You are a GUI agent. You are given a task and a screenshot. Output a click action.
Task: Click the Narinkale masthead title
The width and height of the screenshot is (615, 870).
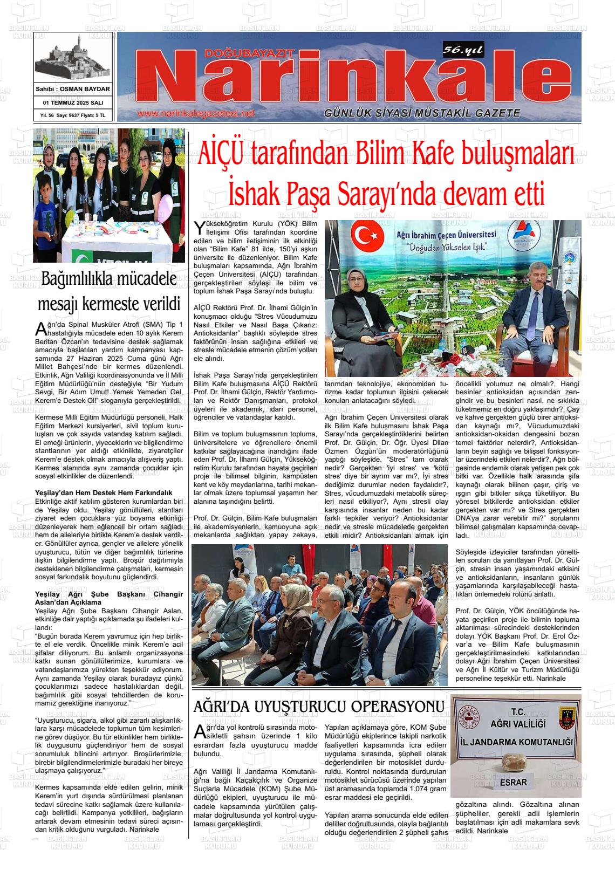(351, 78)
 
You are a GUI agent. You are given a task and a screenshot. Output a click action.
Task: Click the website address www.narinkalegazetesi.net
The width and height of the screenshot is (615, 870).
(195, 114)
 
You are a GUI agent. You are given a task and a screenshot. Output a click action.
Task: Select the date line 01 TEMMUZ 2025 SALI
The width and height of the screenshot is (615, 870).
(73, 102)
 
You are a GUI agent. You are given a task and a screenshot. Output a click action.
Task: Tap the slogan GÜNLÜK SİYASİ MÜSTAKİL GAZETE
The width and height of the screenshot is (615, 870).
(422, 113)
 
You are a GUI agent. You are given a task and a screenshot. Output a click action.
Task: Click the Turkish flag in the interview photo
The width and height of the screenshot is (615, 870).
(367, 235)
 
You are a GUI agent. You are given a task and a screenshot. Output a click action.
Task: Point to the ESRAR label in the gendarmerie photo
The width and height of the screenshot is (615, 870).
(512, 781)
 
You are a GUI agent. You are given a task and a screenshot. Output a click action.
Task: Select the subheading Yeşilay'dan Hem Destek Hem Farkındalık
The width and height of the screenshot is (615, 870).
(103, 492)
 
